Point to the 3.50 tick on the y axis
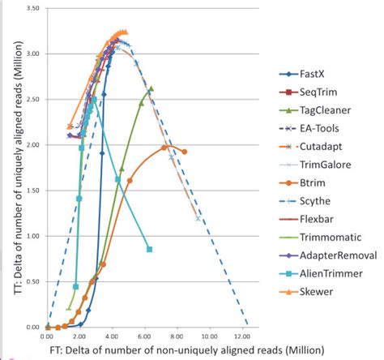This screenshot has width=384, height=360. pos(33,8)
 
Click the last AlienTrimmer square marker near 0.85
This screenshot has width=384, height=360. pos(149,249)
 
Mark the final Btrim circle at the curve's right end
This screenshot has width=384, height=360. pos(185,152)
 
